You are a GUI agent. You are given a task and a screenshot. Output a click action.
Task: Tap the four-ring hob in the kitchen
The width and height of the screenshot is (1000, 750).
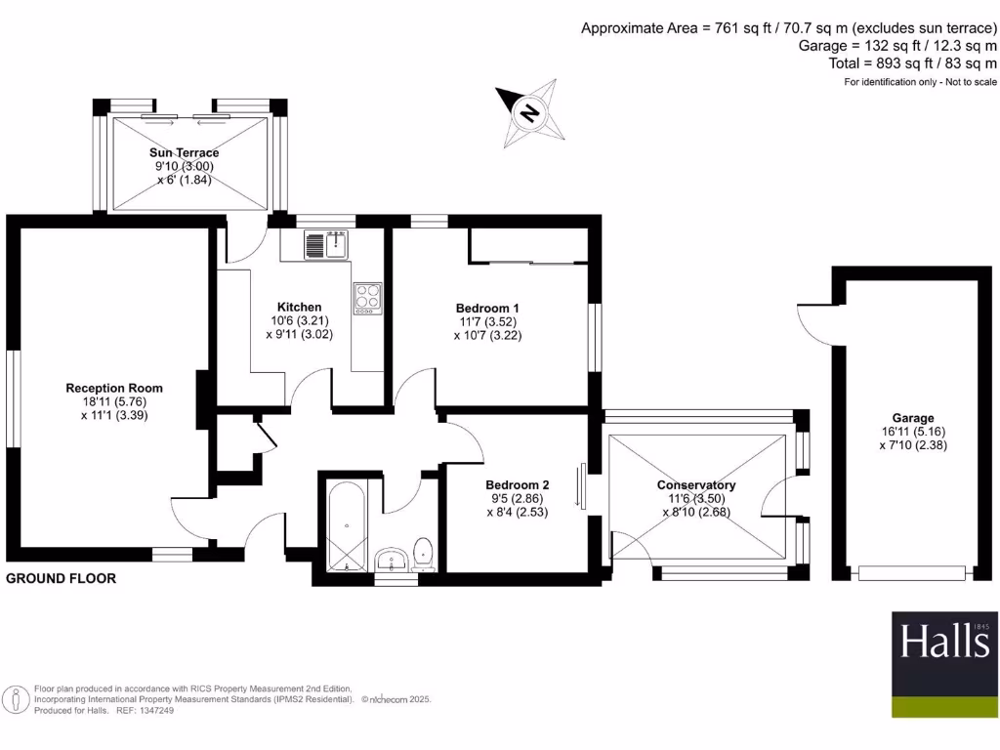(x=368, y=296)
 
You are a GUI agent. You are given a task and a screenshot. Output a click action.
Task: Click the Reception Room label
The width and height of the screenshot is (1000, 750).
(x=114, y=388)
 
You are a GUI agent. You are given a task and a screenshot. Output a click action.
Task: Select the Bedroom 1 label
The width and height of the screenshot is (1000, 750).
(x=488, y=309)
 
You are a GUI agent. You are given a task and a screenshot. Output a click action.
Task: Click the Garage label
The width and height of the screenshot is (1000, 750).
(x=912, y=418)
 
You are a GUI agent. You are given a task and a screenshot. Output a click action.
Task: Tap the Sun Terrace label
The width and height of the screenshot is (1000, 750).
(x=184, y=153)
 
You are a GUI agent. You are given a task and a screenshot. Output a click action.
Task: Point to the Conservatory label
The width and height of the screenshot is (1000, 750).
(x=695, y=485)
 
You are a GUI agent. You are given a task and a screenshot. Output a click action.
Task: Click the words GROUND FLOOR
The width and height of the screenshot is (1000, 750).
(x=62, y=578)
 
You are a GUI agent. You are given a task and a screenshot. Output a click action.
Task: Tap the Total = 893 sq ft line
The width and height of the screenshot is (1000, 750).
(x=912, y=63)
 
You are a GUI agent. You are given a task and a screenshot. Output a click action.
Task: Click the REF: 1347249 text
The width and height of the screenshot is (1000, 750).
(x=146, y=710)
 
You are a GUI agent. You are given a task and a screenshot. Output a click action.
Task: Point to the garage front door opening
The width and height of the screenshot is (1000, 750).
(x=912, y=573)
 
